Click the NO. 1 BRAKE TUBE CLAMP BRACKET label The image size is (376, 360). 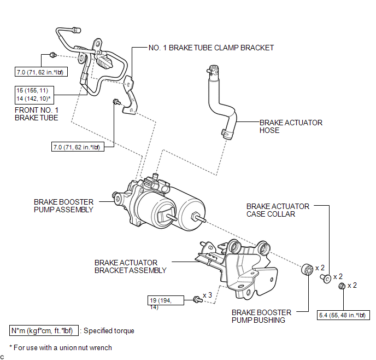(211, 48)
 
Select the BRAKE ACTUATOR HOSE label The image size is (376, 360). (291, 126)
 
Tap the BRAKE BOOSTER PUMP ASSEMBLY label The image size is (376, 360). (63, 206)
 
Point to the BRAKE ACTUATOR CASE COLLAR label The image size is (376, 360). (278, 210)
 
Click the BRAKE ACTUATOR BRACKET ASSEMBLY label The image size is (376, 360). (131, 266)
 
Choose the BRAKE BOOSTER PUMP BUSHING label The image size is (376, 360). (261, 316)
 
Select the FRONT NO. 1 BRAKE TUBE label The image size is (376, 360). (37, 114)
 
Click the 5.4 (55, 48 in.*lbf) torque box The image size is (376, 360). (343, 315)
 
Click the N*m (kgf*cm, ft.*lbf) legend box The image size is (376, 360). (44, 330)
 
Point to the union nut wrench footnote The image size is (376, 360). (61, 347)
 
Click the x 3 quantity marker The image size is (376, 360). (207, 295)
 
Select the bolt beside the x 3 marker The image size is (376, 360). (198, 299)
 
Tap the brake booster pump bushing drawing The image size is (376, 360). (307, 270)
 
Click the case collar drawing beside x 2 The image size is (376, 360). (326, 278)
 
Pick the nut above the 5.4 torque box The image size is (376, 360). (342, 286)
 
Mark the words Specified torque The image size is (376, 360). (109, 330)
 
